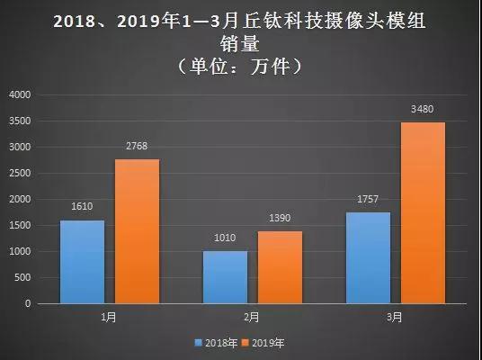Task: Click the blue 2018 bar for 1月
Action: pyautogui.click(x=82, y=262)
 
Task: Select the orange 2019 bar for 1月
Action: pyautogui.click(x=137, y=231)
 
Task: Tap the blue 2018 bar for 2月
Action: pyautogui.click(x=225, y=277)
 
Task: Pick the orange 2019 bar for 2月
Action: pyautogui.click(x=280, y=267)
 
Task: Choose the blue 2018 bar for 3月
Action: pyautogui.click(x=368, y=258)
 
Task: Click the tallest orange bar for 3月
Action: pyautogui.click(x=423, y=212)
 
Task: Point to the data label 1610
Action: pyautogui.click(x=82, y=207)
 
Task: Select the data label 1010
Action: pyautogui.click(x=225, y=238)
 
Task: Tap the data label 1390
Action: pyautogui.click(x=280, y=219)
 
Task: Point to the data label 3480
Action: pyautogui.click(x=423, y=109)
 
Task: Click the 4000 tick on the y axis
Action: pyautogui.click(x=20, y=94)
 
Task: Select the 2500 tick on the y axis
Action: pyautogui.click(x=20, y=173)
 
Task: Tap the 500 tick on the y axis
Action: pyautogui.click(x=23, y=278)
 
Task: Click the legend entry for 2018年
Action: pyautogui.click(x=216, y=342)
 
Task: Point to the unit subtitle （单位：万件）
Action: pyautogui.click(x=240, y=66)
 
